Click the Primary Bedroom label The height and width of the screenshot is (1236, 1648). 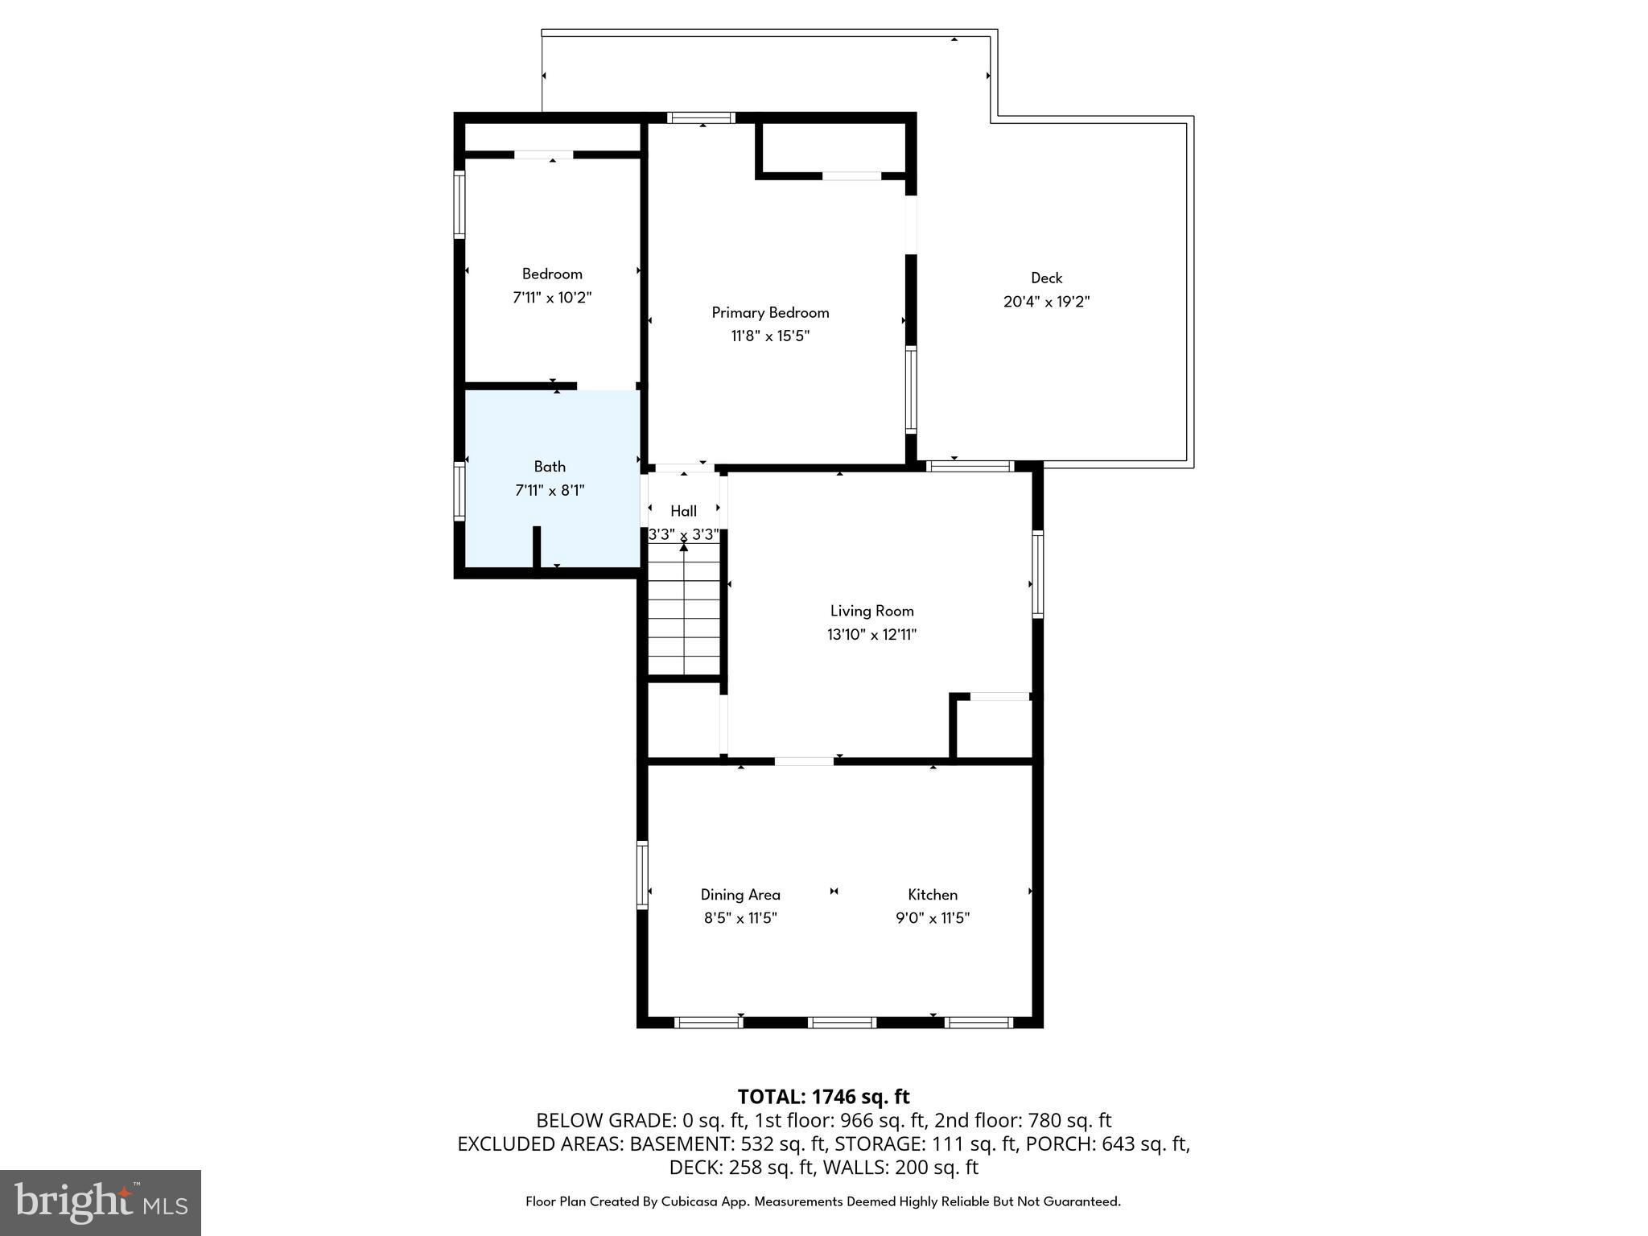pyautogui.click(x=770, y=312)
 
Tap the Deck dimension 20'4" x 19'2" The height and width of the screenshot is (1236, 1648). pyautogui.click(x=1046, y=302)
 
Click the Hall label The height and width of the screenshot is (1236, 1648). pyautogui.click(x=683, y=511)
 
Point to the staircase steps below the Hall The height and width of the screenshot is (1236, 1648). pyautogui.click(x=684, y=612)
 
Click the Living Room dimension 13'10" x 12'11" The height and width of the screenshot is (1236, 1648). pyautogui.click(x=871, y=634)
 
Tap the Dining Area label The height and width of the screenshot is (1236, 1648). pyautogui.click(x=740, y=894)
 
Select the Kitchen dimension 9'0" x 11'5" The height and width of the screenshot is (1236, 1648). pyautogui.click(x=933, y=918)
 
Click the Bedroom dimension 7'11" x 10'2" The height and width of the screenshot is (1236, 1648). pyautogui.click(x=552, y=298)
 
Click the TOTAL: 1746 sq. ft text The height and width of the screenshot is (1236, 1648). pyautogui.click(x=823, y=1097)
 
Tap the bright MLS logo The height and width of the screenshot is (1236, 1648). pyautogui.click(x=101, y=1202)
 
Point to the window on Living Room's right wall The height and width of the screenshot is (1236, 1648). pyautogui.click(x=1038, y=574)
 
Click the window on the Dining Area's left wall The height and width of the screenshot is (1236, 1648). pyautogui.click(x=642, y=875)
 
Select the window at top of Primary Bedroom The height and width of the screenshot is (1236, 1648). pyautogui.click(x=702, y=117)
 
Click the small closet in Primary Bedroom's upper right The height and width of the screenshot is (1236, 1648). pyautogui.click(x=834, y=146)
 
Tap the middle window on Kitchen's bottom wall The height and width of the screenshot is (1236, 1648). pyautogui.click(x=841, y=1022)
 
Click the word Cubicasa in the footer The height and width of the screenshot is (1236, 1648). pyautogui.click(x=690, y=1201)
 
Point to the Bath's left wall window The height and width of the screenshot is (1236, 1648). pyautogui.click(x=459, y=491)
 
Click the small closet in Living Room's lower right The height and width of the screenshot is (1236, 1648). pyautogui.click(x=995, y=728)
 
